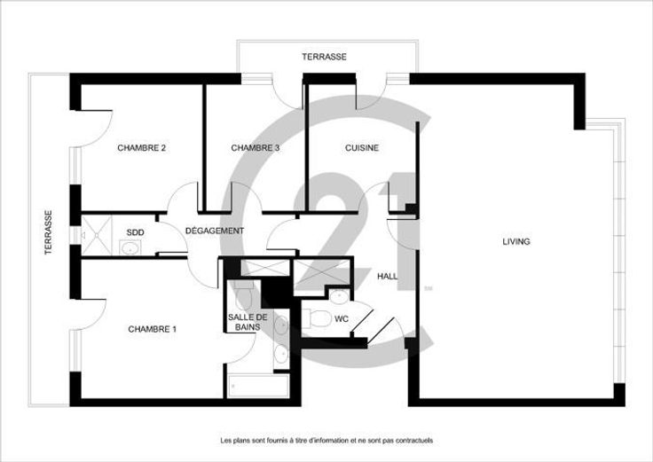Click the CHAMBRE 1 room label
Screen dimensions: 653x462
click(x=152, y=329)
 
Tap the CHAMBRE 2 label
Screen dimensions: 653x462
click(x=142, y=148)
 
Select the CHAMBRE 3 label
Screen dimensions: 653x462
click(x=256, y=148)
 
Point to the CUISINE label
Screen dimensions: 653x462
click(x=362, y=148)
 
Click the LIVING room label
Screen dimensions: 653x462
click(x=516, y=241)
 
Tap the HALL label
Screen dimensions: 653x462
click(x=388, y=276)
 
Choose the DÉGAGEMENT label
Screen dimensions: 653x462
click(x=215, y=231)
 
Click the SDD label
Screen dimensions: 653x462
click(x=136, y=232)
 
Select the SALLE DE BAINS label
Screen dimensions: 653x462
click(x=248, y=322)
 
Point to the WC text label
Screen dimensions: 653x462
click(x=342, y=319)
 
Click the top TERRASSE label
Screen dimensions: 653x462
click(x=325, y=57)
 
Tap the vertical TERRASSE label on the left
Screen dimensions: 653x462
click(x=49, y=232)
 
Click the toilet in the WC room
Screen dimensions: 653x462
click(x=317, y=319)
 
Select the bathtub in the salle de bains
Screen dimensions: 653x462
click(x=258, y=386)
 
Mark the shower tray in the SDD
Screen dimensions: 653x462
click(x=97, y=235)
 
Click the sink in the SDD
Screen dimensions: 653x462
click(x=130, y=247)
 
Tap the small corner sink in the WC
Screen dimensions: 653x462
click(x=340, y=297)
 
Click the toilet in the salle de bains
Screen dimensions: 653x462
click(x=244, y=294)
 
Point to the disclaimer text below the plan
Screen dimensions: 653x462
click(x=326, y=440)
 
